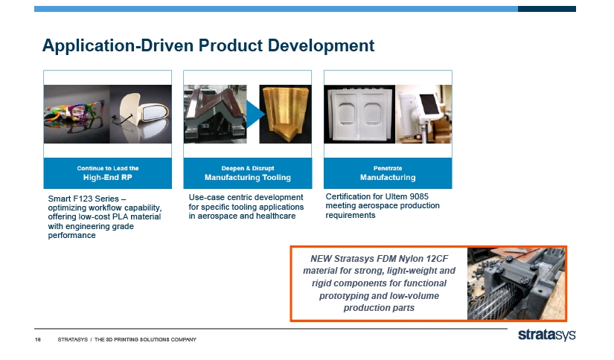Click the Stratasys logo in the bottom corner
(x=547, y=335)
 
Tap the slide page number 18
(x=38, y=340)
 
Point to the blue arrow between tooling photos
(x=255, y=114)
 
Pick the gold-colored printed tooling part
(x=286, y=114)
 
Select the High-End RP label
(x=108, y=178)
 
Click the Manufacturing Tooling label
(x=248, y=178)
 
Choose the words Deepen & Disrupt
(x=248, y=168)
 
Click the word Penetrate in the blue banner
(x=388, y=168)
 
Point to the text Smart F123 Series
(x=83, y=199)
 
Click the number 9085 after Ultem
(x=418, y=196)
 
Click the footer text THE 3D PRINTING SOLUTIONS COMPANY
(x=145, y=340)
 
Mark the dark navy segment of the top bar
(x=547, y=9)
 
